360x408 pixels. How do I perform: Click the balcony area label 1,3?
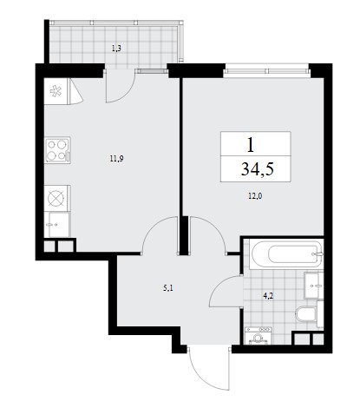point(116,49)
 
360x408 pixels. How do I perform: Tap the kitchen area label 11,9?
point(116,158)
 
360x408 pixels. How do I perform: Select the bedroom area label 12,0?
point(255,196)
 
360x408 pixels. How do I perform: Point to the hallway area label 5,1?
point(168,288)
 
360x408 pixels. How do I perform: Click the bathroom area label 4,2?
point(268,296)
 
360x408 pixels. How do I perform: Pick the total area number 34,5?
point(258,169)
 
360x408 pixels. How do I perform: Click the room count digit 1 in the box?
point(251,145)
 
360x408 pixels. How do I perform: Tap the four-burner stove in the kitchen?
point(58,150)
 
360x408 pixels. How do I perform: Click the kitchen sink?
point(58,225)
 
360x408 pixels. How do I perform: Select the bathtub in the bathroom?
point(286,254)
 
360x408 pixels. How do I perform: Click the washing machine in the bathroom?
point(258,336)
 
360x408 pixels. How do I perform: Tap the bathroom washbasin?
point(314,286)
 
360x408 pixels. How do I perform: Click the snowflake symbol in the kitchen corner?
point(56,91)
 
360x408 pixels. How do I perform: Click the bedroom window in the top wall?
point(266,71)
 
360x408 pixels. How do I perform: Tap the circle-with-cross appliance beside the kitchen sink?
point(56,199)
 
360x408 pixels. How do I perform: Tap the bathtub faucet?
point(318,254)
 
